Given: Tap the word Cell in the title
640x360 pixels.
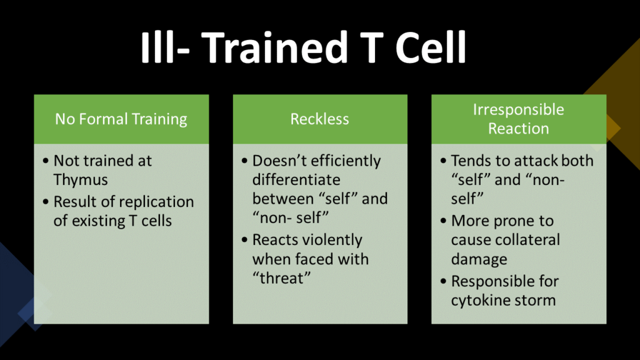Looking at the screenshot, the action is [x=431, y=47].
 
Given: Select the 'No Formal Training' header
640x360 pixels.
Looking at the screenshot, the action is [x=121, y=119].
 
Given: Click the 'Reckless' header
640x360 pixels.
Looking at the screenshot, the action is [x=319, y=119].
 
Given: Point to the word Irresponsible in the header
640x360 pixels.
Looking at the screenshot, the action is [x=518, y=109].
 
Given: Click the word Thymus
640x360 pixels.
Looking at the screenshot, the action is [x=81, y=180].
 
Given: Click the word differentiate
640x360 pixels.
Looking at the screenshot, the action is [x=296, y=179].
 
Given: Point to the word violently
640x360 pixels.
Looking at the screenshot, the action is [x=333, y=240].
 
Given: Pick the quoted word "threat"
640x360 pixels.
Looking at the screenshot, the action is [x=281, y=278].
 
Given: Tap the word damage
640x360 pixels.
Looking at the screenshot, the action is [x=479, y=259].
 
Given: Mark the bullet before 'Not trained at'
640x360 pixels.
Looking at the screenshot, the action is [x=46, y=161].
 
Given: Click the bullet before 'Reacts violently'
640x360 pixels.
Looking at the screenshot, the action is [x=244, y=239].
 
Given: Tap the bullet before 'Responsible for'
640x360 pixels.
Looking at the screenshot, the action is [x=443, y=281].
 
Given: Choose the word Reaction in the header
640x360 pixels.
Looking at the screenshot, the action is [x=518, y=129].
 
